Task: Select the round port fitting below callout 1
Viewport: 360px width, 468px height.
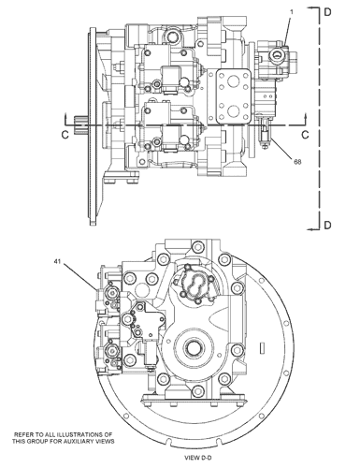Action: coord(277,57)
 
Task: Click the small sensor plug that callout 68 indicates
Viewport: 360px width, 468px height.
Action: coord(266,141)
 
